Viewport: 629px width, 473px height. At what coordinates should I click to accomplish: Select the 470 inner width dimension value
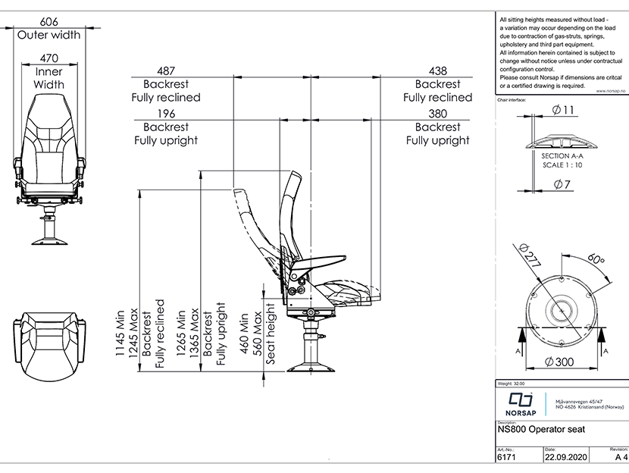coord(49,58)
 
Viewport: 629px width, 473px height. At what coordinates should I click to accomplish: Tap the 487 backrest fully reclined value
coord(167,70)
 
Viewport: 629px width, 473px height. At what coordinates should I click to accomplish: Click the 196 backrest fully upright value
coord(167,113)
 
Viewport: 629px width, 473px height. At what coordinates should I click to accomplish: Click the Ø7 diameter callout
coord(562,184)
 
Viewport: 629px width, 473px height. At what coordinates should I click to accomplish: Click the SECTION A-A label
coord(562,155)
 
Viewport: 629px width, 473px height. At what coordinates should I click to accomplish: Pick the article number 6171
coord(506,457)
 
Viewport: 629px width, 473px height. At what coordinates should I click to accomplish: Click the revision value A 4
coord(621,457)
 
